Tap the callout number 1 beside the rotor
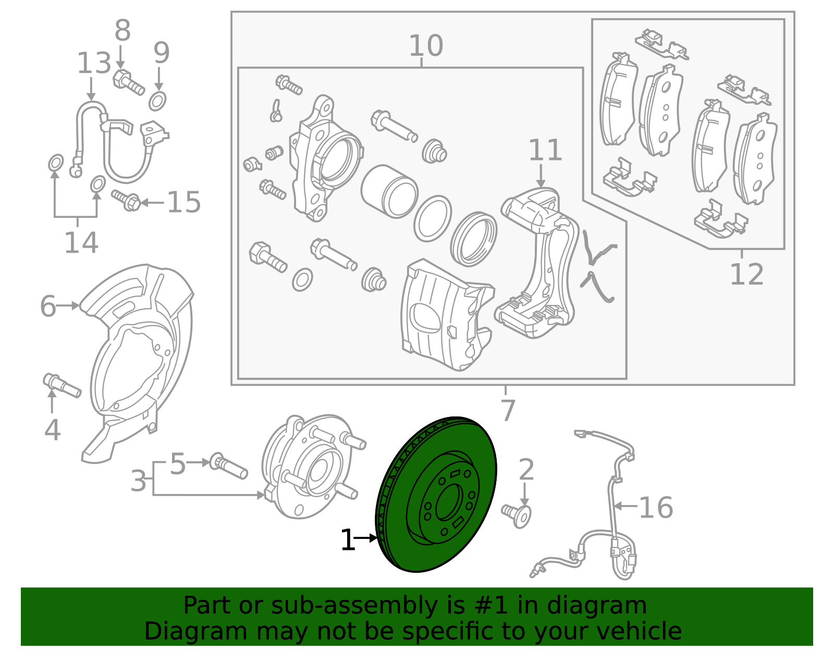[348, 541]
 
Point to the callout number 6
[48, 306]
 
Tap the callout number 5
[178, 463]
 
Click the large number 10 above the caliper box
[426, 46]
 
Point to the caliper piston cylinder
[388, 191]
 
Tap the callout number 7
[507, 410]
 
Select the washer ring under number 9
[157, 100]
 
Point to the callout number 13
[94, 64]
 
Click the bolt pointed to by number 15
[126, 200]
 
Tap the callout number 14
[81, 242]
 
